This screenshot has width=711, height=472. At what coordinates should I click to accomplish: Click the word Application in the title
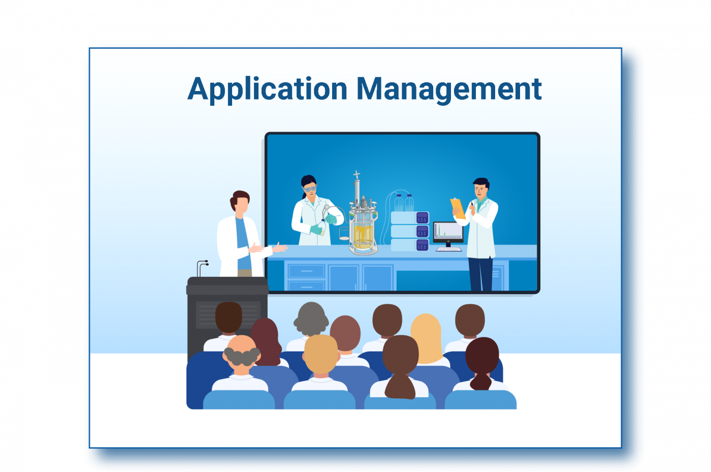tap(267, 89)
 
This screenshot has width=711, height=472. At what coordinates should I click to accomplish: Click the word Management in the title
tap(449, 89)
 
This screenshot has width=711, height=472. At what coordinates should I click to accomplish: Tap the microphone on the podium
tap(203, 268)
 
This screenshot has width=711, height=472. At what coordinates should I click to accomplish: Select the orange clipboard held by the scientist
tap(458, 208)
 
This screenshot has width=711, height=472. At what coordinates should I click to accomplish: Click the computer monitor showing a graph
tap(448, 232)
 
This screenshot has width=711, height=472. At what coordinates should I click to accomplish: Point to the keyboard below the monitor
tap(448, 249)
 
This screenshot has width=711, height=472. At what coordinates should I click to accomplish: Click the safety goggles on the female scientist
tap(309, 189)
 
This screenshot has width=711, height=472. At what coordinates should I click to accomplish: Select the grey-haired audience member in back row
tap(311, 319)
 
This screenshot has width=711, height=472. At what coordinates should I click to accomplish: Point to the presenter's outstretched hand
tap(279, 247)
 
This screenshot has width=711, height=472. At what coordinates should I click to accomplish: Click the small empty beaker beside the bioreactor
tap(344, 233)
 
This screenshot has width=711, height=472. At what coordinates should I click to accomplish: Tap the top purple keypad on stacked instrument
tap(423, 218)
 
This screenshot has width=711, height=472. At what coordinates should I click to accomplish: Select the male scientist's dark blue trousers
tap(480, 274)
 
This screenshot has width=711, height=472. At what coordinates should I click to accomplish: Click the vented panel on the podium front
tap(228, 314)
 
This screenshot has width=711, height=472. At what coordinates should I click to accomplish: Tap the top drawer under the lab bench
tap(306, 271)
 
